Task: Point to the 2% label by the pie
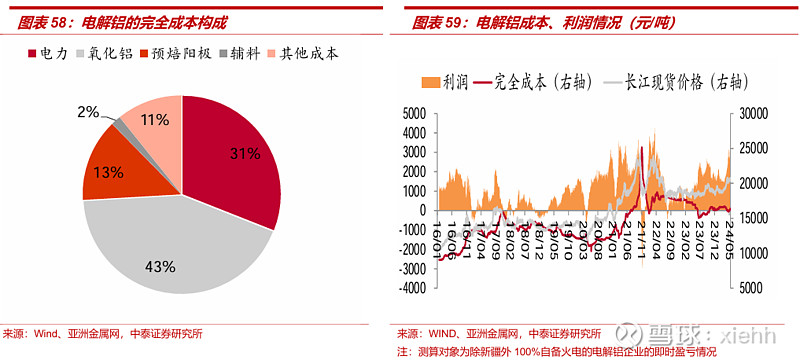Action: (88, 112)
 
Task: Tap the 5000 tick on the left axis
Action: (412, 112)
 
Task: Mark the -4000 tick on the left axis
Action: (409, 287)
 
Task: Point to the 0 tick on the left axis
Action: (422, 209)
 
